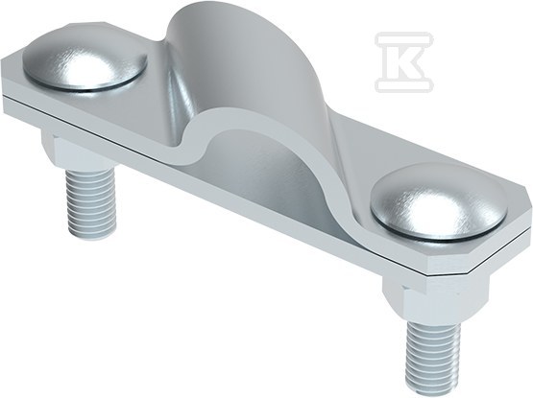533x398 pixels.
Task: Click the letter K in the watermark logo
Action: [x=405, y=62]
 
